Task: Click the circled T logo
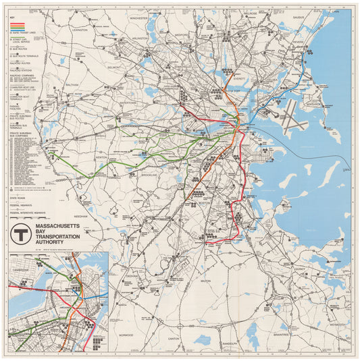pyautogui.click(x=20, y=234)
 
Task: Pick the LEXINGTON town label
pyautogui.click(x=80, y=30)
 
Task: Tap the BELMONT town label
pyautogui.click(x=113, y=67)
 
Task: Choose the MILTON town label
pyautogui.click(x=206, y=280)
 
